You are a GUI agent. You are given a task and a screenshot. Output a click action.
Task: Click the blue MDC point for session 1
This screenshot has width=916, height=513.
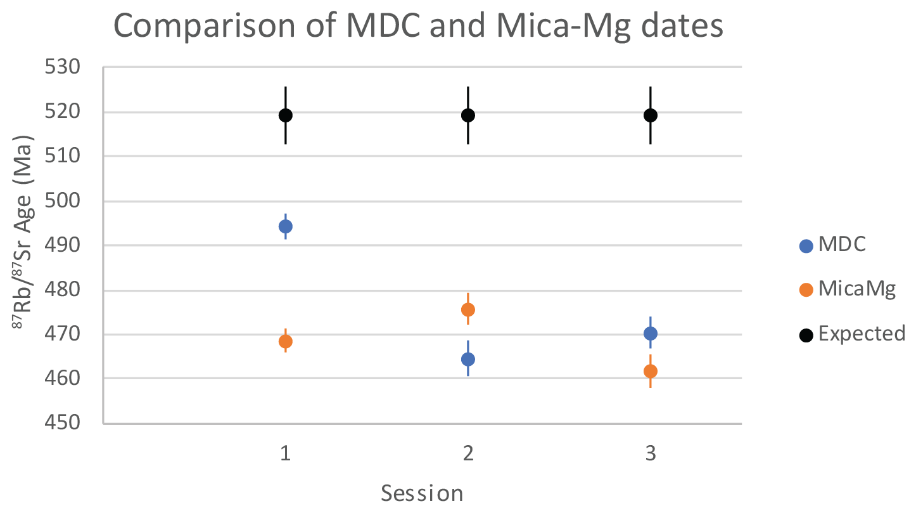(x=286, y=226)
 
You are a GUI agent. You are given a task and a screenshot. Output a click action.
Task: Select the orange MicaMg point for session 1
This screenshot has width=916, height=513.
(x=286, y=341)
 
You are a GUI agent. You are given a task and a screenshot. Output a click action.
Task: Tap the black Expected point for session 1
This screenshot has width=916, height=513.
(x=286, y=115)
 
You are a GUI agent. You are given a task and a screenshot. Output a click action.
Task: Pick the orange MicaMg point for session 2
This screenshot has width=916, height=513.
(x=468, y=309)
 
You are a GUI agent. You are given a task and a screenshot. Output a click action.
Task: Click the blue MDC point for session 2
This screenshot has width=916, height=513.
(x=468, y=360)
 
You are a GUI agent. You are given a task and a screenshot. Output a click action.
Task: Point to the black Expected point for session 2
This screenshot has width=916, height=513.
(x=468, y=115)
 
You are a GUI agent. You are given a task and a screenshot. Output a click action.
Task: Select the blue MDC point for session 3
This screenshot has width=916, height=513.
(x=651, y=334)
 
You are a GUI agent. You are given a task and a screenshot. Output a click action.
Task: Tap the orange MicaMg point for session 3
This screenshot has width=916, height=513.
(x=651, y=371)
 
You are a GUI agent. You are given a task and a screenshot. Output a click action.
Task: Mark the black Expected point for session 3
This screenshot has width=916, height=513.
(x=651, y=115)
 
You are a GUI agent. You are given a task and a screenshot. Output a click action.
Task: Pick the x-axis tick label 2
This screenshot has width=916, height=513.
(x=468, y=454)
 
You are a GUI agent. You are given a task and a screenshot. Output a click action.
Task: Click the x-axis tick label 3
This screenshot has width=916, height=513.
(x=651, y=454)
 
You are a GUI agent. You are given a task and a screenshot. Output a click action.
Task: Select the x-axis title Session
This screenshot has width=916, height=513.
(x=422, y=493)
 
